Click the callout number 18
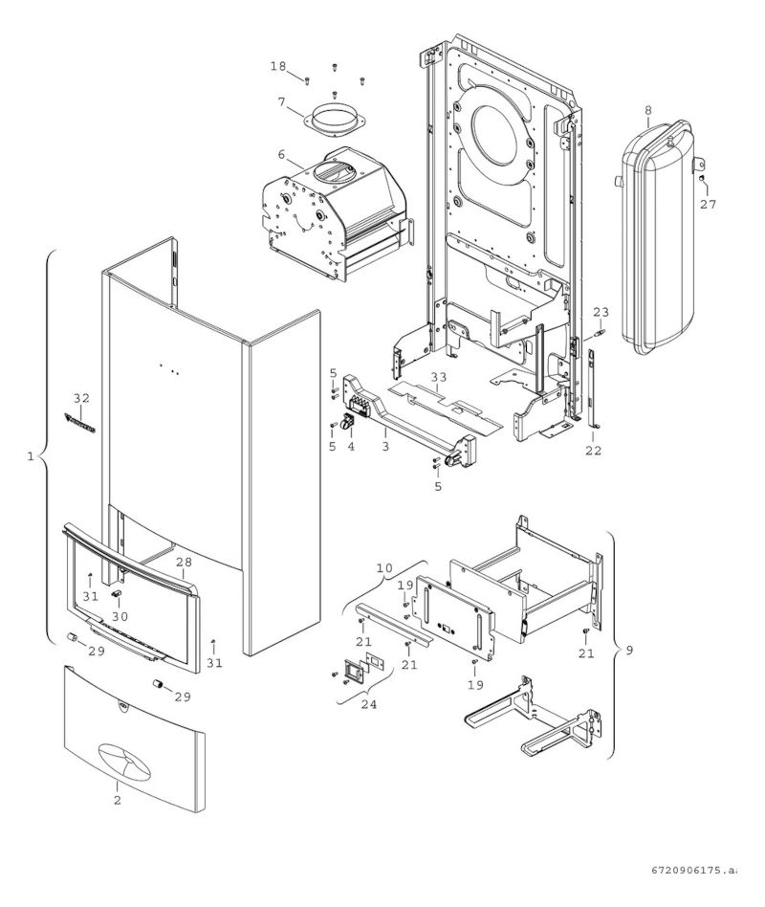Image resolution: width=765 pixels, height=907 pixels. pos(277,66)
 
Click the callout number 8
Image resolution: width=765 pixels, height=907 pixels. pos(648,110)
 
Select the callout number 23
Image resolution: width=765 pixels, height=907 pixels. pos(601,312)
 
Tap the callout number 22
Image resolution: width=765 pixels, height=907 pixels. pos(594,450)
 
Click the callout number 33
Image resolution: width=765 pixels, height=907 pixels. pos(438,378)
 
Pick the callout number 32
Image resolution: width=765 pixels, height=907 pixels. pos(81,397)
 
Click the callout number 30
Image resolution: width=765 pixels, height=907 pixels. pos(120,617)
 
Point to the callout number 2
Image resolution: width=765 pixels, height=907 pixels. pos(118,800)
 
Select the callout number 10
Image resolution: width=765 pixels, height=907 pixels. pos(384,568)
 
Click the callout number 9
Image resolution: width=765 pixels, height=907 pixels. pos(628,652)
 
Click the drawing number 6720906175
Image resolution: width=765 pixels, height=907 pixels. pos(693,871)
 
